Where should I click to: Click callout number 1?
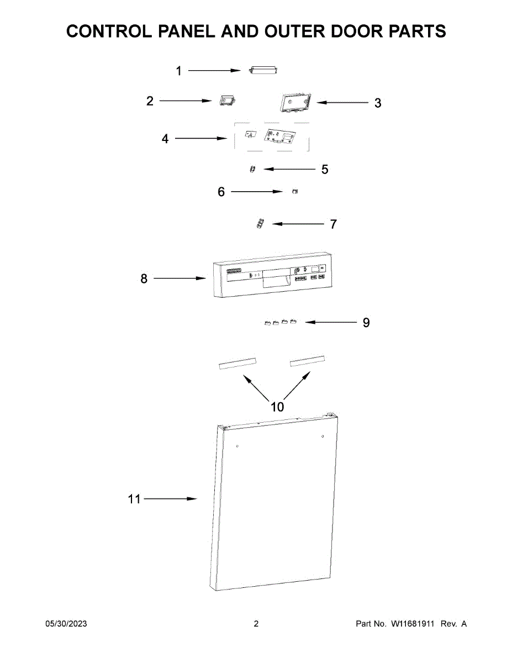click(x=178, y=71)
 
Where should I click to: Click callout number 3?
click(x=378, y=103)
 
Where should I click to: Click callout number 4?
click(x=165, y=139)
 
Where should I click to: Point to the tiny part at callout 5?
click(x=252, y=169)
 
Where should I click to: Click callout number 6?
click(x=221, y=192)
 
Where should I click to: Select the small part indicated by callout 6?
click(x=294, y=191)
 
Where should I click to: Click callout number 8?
click(x=144, y=279)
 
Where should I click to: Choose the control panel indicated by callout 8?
click(x=271, y=280)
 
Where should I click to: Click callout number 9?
click(x=366, y=322)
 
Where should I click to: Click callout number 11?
click(x=134, y=499)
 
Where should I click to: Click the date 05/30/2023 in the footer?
click(x=66, y=624)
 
